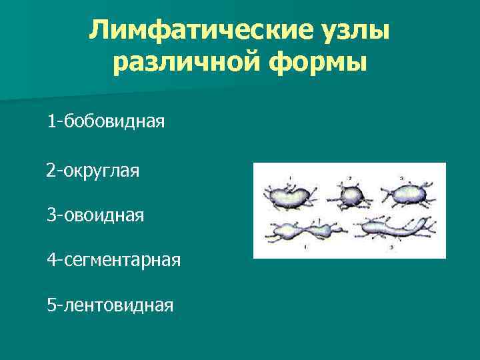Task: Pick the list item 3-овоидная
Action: pos(95,215)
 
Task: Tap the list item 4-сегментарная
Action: pos(113,259)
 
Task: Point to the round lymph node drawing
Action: pos(351,196)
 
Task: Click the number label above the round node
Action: pos(350,179)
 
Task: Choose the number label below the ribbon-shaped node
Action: pos(391,247)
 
